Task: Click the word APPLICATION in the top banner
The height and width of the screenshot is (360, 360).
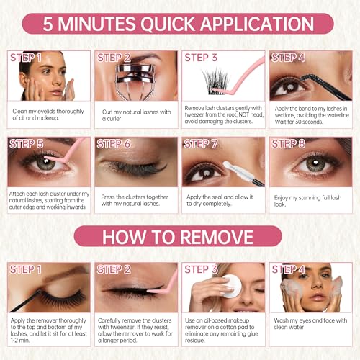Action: pos(257,24)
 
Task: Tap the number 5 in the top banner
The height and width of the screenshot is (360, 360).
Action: pos(48,24)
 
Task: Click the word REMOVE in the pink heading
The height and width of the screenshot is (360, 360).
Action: pos(217,237)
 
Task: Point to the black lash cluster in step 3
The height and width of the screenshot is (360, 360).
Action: pos(215,81)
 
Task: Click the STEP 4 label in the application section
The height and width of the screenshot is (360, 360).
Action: pos(288,58)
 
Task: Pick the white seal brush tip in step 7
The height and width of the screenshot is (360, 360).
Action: pos(230,168)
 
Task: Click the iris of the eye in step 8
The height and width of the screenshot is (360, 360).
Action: pos(316,163)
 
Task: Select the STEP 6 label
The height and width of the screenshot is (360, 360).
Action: pos(114,144)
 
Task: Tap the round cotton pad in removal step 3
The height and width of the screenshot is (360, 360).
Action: pos(232,286)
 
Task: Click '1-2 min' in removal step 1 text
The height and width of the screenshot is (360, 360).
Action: pos(20,340)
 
